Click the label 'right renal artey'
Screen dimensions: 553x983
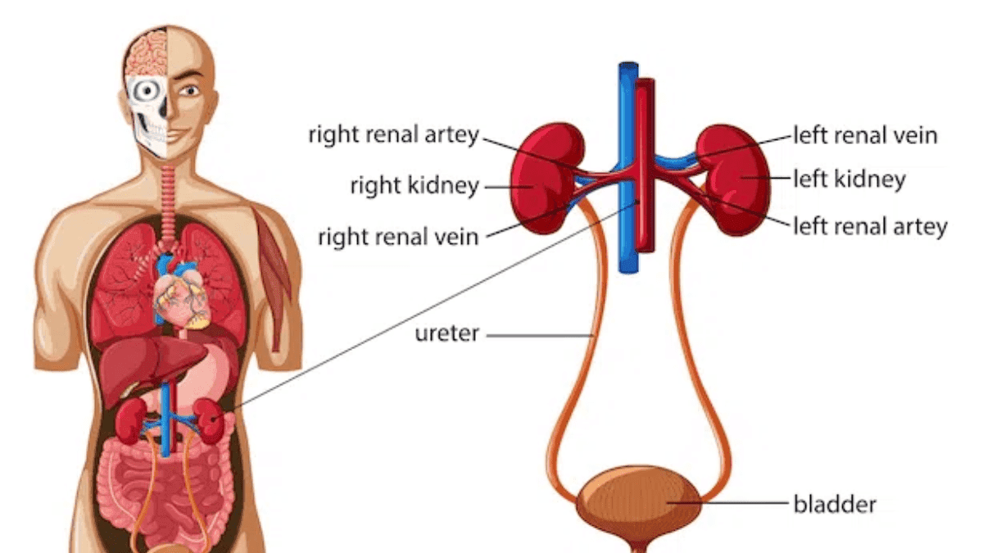pyautogui.click(x=393, y=135)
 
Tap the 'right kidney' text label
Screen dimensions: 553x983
pyautogui.click(x=414, y=186)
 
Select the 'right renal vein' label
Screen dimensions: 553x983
pyautogui.click(x=398, y=238)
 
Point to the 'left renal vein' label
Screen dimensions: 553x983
pyautogui.click(x=865, y=135)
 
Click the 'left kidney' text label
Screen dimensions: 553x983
pyautogui.click(x=849, y=179)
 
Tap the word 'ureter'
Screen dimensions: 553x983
pyautogui.click(x=447, y=334)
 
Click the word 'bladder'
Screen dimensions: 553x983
pyautogui.click(x=835, y=503)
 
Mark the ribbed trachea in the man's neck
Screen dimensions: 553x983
pyautogui.click(x=169, y=205)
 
